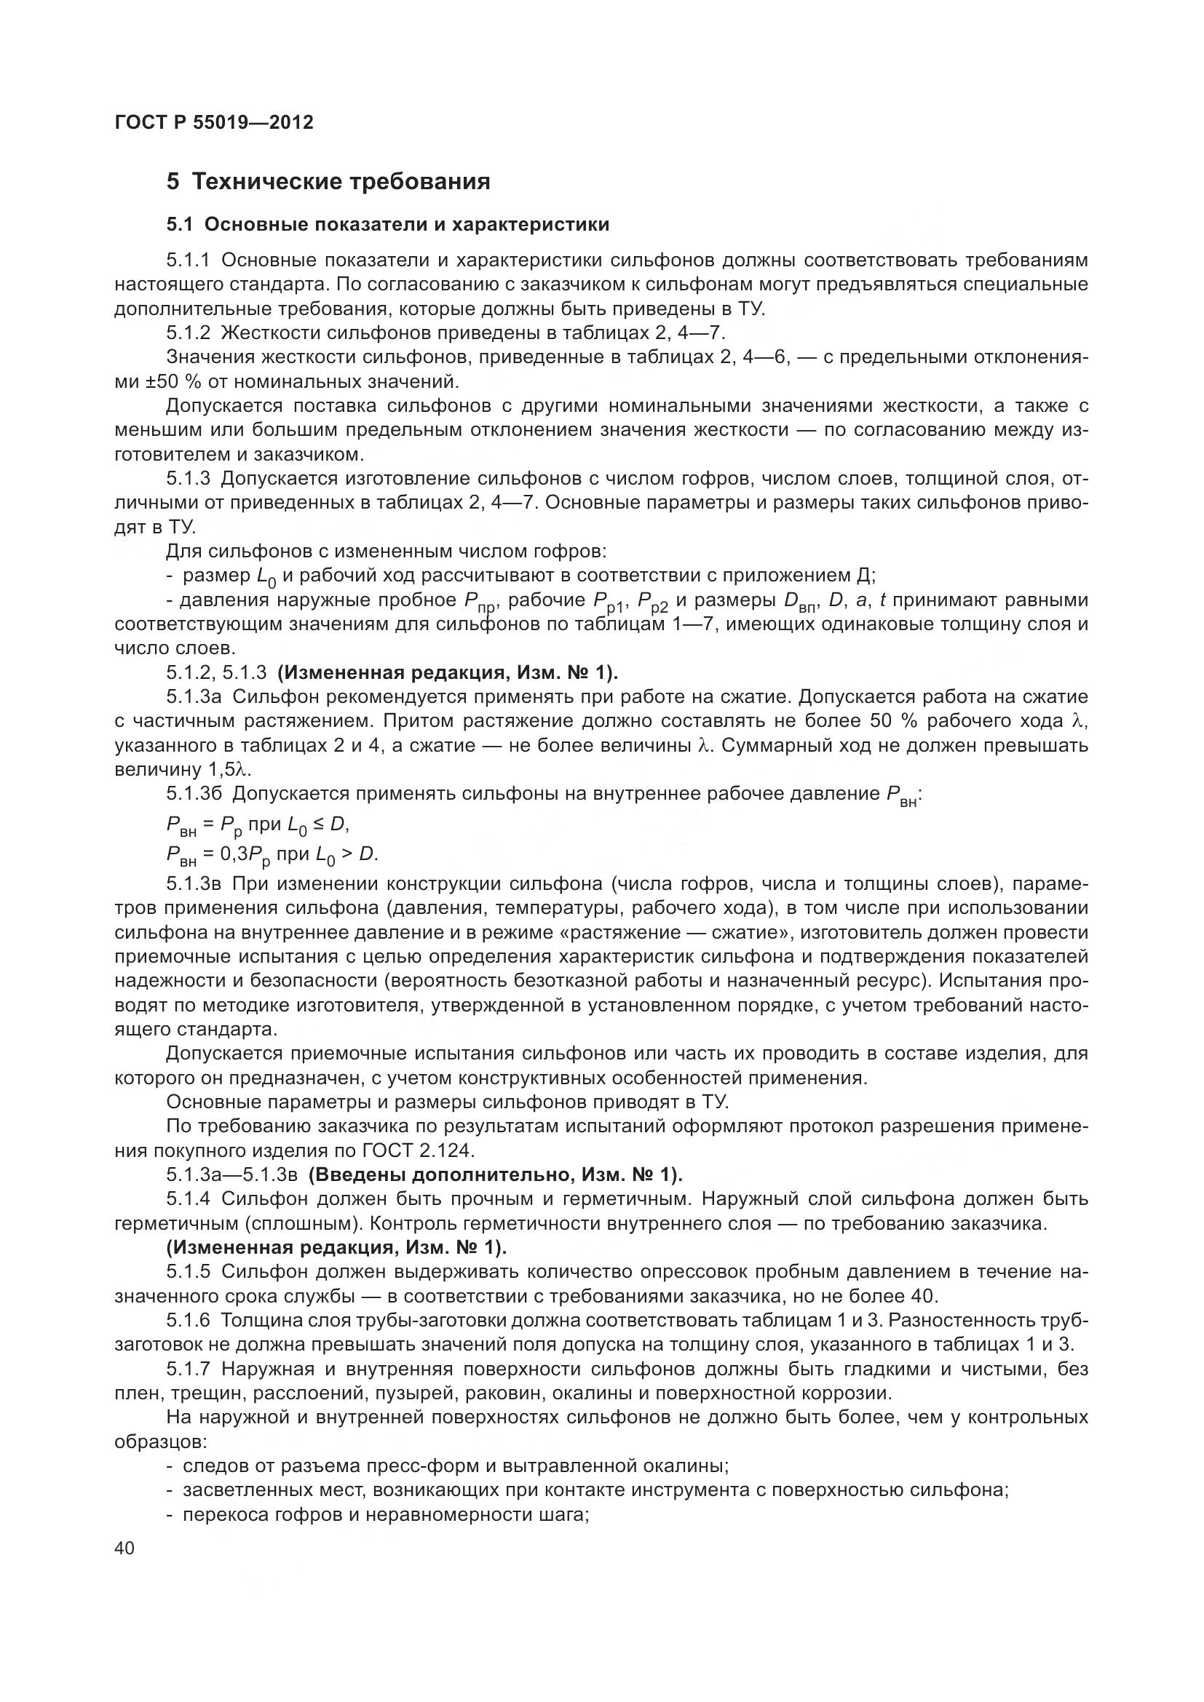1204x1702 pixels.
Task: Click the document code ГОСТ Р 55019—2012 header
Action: pos(214,122)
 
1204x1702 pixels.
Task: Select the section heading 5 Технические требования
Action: pos(328,182)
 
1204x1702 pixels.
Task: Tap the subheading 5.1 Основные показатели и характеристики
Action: pos(388,225)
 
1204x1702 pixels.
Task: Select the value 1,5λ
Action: pos(231,769)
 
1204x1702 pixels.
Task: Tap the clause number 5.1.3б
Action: pos(194,794)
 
